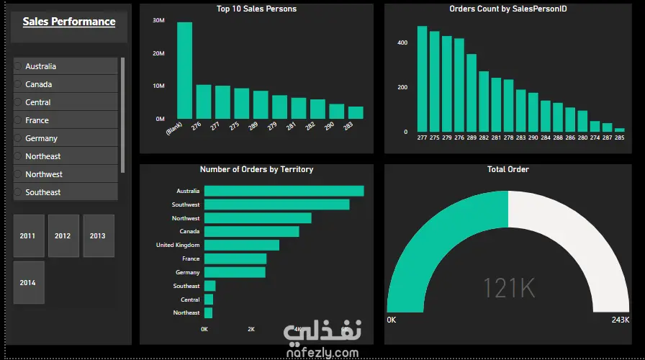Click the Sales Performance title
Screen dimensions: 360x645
coord(69,22)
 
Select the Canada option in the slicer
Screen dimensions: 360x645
coord(39,84)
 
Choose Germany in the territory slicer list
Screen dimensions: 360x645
coord(41,138)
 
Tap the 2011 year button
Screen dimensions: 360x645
coord(28,235)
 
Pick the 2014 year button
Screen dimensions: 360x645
coord(28,282)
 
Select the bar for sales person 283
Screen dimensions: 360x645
coord(356,113)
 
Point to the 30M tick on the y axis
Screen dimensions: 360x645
coord(159,20)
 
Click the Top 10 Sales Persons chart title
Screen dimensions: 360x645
coord(256,9)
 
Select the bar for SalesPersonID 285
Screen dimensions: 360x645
coord(620,130)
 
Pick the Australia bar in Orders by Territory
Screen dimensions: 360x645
coord(284,191)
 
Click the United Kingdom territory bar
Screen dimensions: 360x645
coord(241,245)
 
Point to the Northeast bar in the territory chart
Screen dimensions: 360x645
coord(208,312)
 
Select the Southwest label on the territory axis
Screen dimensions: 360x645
coord(186,204)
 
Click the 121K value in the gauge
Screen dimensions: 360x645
coord(508,288)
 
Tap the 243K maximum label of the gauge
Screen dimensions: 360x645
coord(620,320)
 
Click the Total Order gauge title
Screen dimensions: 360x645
coord(508,169)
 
